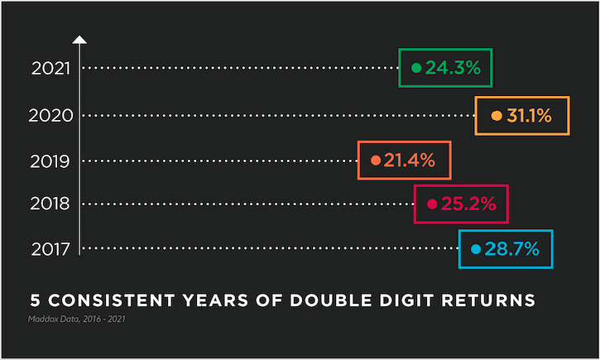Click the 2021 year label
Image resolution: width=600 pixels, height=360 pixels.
(50, 69)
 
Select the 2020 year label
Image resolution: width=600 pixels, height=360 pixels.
(50, 116)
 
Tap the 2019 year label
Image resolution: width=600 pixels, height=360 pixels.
(50, 161)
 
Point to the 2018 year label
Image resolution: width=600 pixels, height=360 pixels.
(50, 204)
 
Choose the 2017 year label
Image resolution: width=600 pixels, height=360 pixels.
(50, 249)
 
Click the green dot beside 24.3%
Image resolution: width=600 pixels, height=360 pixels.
(416, 68)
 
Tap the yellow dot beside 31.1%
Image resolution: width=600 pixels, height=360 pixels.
(497, 116)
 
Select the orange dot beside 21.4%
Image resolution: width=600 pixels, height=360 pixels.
(376, 161)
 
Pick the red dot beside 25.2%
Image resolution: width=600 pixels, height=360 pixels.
(432, 204)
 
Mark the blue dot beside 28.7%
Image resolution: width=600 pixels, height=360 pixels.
(476, 249)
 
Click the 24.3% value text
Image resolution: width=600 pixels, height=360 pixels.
(453, 68)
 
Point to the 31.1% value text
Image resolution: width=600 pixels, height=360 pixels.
(529, 115)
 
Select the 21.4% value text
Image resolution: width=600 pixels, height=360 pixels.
(410, 160)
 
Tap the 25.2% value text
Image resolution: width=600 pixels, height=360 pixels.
(468, 204)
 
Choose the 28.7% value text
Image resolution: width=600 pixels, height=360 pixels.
(512, 249)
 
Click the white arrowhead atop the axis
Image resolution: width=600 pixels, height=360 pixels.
(79, 40)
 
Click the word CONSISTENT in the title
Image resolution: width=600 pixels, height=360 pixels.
(112, 300)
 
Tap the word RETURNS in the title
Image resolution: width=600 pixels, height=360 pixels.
(488, 300)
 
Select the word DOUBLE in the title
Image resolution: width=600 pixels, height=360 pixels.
(330, 300)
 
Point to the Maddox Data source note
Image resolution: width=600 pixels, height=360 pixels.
(76, 319)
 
